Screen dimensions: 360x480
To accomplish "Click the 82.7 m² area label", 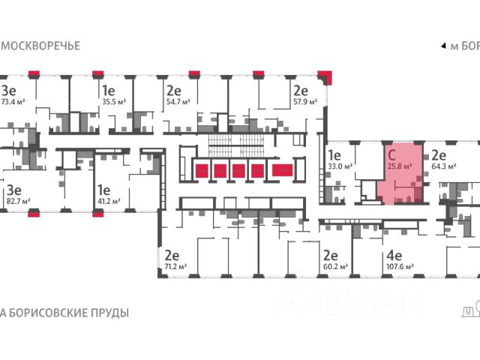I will [x=18, y=202].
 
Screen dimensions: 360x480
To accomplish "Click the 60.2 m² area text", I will [x=335, y=266].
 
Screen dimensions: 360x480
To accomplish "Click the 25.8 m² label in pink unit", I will [x=402, y=166].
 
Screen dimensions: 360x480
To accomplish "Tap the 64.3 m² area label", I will [x=445, y=167].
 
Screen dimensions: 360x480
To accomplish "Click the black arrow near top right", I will [x=442, y=46].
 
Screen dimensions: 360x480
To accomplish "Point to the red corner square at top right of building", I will [x=324, y=75].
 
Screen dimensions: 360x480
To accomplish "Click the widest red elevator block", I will [x=283, y=171].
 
